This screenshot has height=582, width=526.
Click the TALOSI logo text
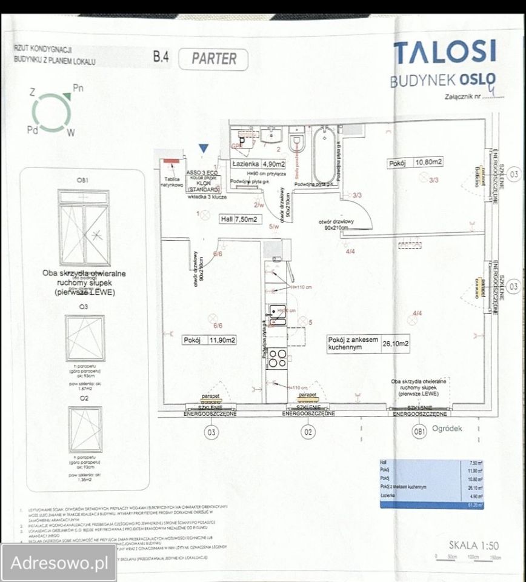tap(444, 53)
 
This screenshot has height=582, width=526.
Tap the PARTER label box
tap(213, 59)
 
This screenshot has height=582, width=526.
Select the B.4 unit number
tap(162, 58)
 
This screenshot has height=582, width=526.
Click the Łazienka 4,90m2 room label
tap(255, 164)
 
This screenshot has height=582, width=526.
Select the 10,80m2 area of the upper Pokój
tap(428, 162)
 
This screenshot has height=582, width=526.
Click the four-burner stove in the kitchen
tap(278, 358)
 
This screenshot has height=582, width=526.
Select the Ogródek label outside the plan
tap(447, 428)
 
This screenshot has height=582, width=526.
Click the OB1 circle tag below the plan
tap(419, 433)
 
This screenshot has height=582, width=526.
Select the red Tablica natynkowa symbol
tap(170, 161)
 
